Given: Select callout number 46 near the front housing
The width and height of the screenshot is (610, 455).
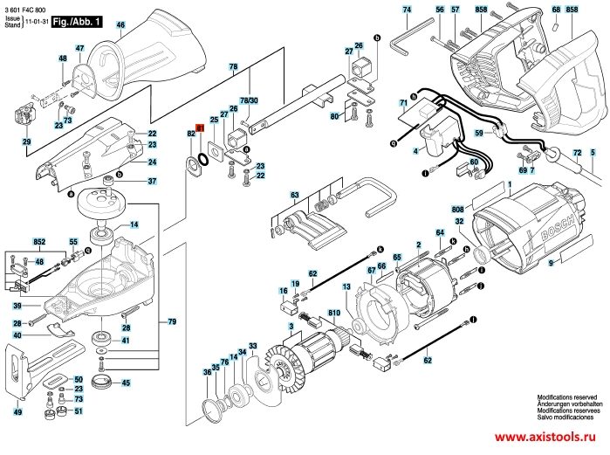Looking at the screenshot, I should coord(120,25).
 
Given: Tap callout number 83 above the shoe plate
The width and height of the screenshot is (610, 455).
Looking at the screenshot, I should coord(295,194).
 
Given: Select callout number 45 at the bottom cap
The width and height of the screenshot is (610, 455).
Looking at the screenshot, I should coord(127,383).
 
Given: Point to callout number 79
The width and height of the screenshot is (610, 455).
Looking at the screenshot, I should coord(171,323).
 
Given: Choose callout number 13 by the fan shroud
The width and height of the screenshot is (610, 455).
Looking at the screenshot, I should coord(346,286).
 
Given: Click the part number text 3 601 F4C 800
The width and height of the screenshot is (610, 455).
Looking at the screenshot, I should coord(27,8).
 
